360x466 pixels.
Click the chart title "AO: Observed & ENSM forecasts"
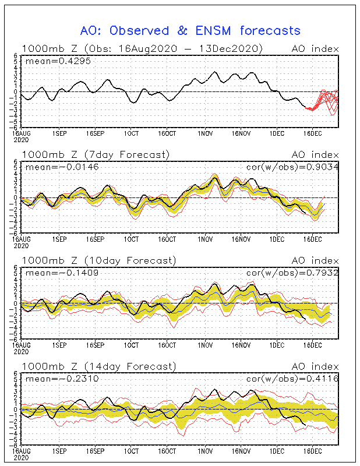(x=190, y=30)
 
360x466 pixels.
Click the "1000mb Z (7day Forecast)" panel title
(x=96, y=154)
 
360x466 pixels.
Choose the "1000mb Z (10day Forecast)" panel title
(x=98, y=260)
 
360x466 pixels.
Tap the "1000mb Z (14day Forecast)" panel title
(x=98, y=366)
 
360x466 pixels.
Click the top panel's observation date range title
(x=142, y=48)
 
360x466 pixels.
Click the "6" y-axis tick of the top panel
(x=16, y=56)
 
